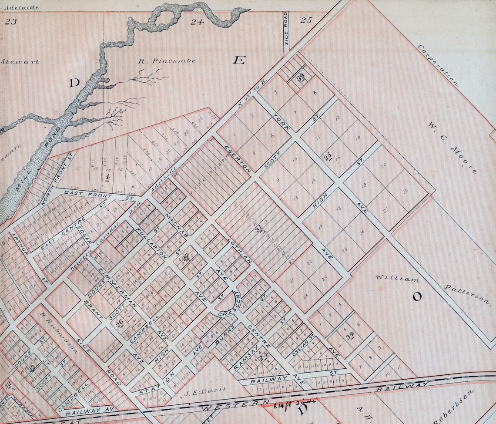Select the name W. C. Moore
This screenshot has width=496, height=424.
(x=453, y=148)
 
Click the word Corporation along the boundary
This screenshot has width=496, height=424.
(x=439, y=65)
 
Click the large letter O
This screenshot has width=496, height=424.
(x=417, y=296)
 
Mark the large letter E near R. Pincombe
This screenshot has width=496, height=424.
(x=238, y=60)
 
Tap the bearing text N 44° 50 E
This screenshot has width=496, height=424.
(x=251, y=94)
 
